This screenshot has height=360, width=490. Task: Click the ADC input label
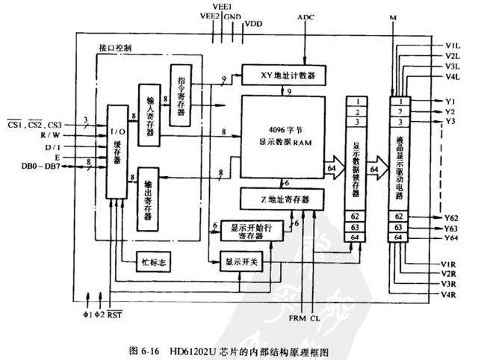coord(306,16)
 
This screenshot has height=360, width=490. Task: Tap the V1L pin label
coord(452,45)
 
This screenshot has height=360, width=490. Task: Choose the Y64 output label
coord(450,238)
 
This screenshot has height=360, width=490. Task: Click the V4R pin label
coord(450,294)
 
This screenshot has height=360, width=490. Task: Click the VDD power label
coord(254,25)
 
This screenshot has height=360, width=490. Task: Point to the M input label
coord(394,16)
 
